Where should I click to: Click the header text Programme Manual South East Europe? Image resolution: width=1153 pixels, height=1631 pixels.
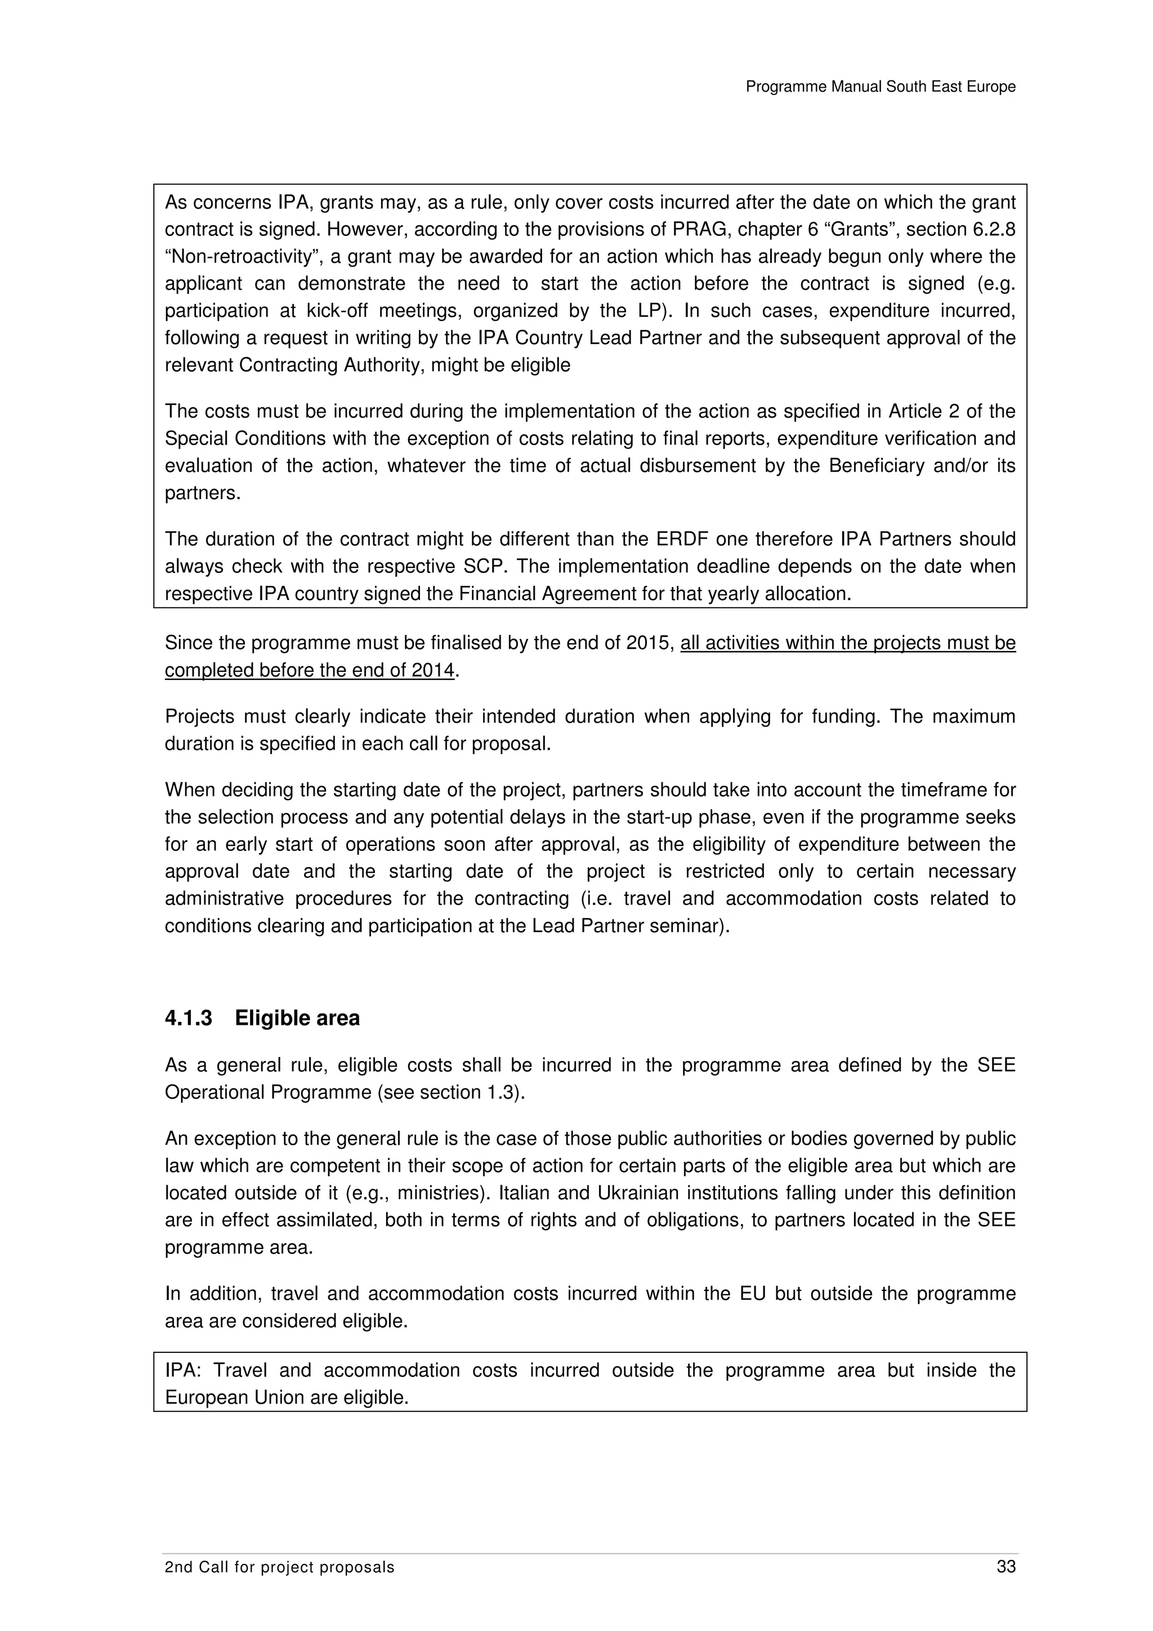tap(880, 87)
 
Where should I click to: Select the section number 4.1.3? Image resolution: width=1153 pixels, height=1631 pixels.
tap(188, 1018)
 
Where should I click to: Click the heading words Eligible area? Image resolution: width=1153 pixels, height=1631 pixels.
tap(297, 1018)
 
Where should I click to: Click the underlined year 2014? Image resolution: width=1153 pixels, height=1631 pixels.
tap(432, 670)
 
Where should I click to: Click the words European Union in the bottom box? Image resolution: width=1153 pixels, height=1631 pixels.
tap(234, 1397)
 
